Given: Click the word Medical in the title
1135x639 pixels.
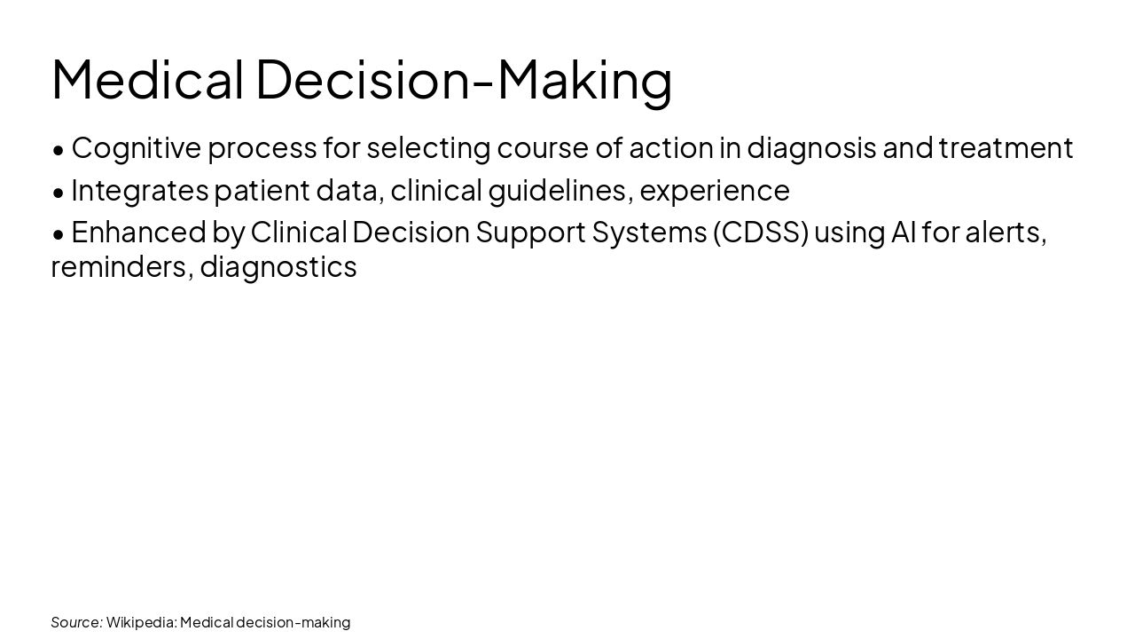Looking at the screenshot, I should click(147, 79).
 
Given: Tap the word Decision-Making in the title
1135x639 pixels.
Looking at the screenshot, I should click(464, 79).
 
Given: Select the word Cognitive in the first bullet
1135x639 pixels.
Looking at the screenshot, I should click(137, 148).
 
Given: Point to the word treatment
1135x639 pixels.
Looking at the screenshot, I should click(1006, 148).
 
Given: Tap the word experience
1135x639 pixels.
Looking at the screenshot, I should click(714, 191).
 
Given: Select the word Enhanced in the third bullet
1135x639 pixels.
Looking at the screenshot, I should click(137, 233).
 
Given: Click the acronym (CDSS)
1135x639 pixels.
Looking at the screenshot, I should click(760, 233).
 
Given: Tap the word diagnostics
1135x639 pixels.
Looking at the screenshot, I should click(278, 266).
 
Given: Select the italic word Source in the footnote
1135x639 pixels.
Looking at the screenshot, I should click(76, 622).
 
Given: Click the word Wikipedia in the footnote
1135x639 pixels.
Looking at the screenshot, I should click(141, 622).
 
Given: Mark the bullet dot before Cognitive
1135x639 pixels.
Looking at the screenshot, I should click(59, 150).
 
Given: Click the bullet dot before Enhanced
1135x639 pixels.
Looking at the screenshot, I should click(59, 234).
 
